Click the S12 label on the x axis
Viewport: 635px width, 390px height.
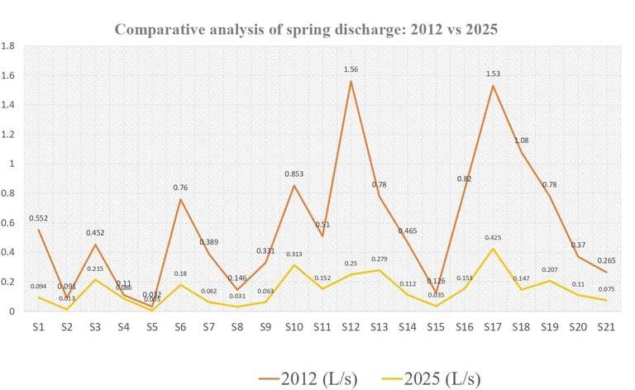click(x=351, y=328)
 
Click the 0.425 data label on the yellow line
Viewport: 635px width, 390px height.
click(x=495, y=238)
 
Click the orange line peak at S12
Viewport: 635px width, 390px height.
click(x=351, y=82)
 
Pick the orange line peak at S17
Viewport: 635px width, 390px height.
click(x=494, y=86)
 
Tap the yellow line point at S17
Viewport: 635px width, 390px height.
click(x=494, y=249)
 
